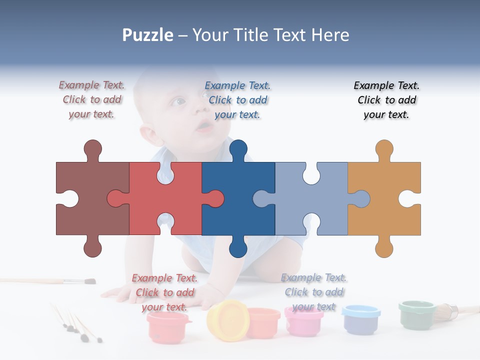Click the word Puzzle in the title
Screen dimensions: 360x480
(148, 35)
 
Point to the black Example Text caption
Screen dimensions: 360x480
(386, 100)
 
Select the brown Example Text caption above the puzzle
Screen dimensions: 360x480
(92, 100)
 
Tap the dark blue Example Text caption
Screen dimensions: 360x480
(238, 100)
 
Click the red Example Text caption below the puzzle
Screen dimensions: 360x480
(165, 292)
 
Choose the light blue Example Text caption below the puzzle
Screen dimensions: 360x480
(313, 292)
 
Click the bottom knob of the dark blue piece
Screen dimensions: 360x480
(238, 248)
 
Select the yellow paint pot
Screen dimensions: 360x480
(227, 320)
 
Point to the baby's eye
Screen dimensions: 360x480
(178, 102)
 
